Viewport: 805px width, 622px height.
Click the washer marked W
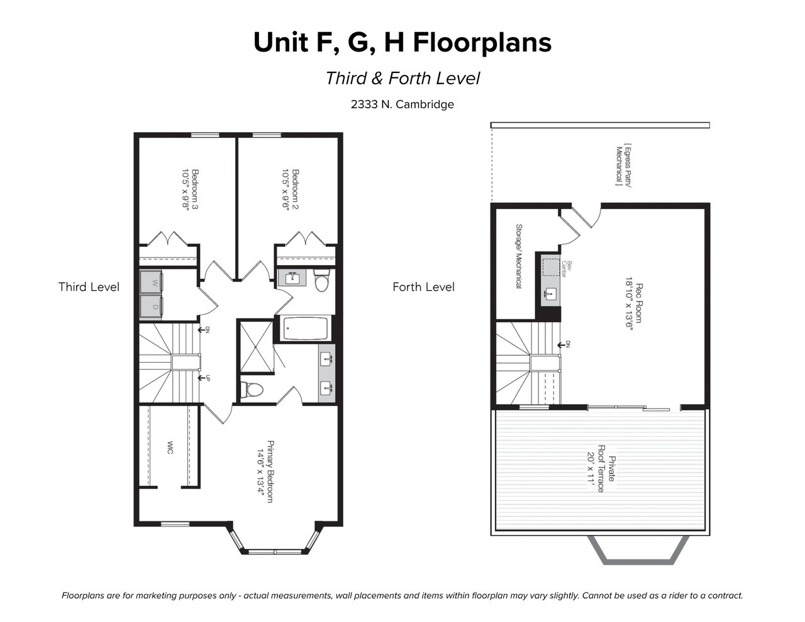[151, 283]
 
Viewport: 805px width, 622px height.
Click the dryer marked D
[151, 307]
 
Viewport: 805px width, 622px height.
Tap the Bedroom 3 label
[190, 189]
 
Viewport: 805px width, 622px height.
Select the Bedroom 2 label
[290, 189]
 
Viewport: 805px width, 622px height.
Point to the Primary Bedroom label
[265, 472]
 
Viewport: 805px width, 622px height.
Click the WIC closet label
[170, 448]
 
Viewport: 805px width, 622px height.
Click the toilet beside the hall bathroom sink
[321, 280]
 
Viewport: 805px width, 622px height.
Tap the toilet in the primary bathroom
[252, 390]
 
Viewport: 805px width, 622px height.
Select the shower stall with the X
[256, 347]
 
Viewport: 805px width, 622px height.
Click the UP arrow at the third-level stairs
[204, 378]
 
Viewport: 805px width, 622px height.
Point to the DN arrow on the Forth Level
[563, 345]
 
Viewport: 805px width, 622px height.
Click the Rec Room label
[634, 303]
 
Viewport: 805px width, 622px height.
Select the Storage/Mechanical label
[519, 256]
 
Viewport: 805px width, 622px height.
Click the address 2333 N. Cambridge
[402, 105]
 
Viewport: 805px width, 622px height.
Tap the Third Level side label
[89, 287]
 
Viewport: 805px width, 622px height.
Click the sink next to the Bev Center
[550, 295]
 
